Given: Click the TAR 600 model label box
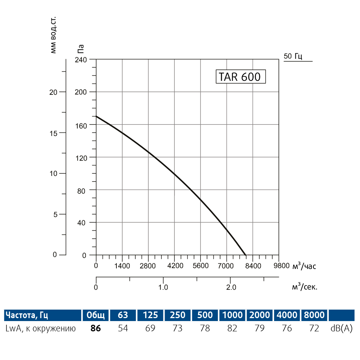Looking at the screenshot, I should click(x=240, y=77).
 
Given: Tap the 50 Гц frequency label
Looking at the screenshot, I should click(x=293, y=56).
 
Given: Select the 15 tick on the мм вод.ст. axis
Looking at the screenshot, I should click(x=53, y=133).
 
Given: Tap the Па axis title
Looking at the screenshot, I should click(x=81, y=49).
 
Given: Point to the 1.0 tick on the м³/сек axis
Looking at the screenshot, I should click(x=163, y=287).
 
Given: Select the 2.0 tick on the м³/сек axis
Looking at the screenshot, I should click(x=231, y=287).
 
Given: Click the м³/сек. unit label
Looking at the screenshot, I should click(x=304, y=287).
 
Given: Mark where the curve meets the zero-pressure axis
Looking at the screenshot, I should click(x=245, y=255).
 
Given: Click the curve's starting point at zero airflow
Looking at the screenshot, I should click(x=96, y=116).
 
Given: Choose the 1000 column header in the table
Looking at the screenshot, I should click(x=232, y=315).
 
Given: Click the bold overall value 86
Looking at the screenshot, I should click(x=96, y=328).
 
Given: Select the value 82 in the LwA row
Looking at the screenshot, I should click(x=232, y=328).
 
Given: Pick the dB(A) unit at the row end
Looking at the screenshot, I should click(x=341, y=328).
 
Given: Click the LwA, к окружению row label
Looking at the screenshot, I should click(x=41, y=328).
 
